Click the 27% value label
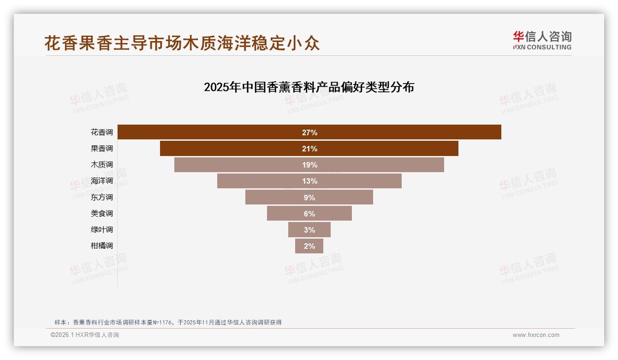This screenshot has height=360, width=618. [309, 132]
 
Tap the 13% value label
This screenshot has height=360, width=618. [309, 181]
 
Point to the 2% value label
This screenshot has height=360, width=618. [309, 246]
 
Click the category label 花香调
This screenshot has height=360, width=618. [101, 132]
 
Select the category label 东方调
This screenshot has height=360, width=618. [101, 197]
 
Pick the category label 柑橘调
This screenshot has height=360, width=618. [101, 246]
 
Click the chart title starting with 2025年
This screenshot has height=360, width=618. [309, 87]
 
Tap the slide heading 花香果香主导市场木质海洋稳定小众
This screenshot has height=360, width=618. [182, 43]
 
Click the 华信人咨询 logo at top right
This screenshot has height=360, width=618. [542, 40]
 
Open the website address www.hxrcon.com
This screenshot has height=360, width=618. [536, 335]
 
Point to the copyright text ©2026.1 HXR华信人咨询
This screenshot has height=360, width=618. [85, 335]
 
